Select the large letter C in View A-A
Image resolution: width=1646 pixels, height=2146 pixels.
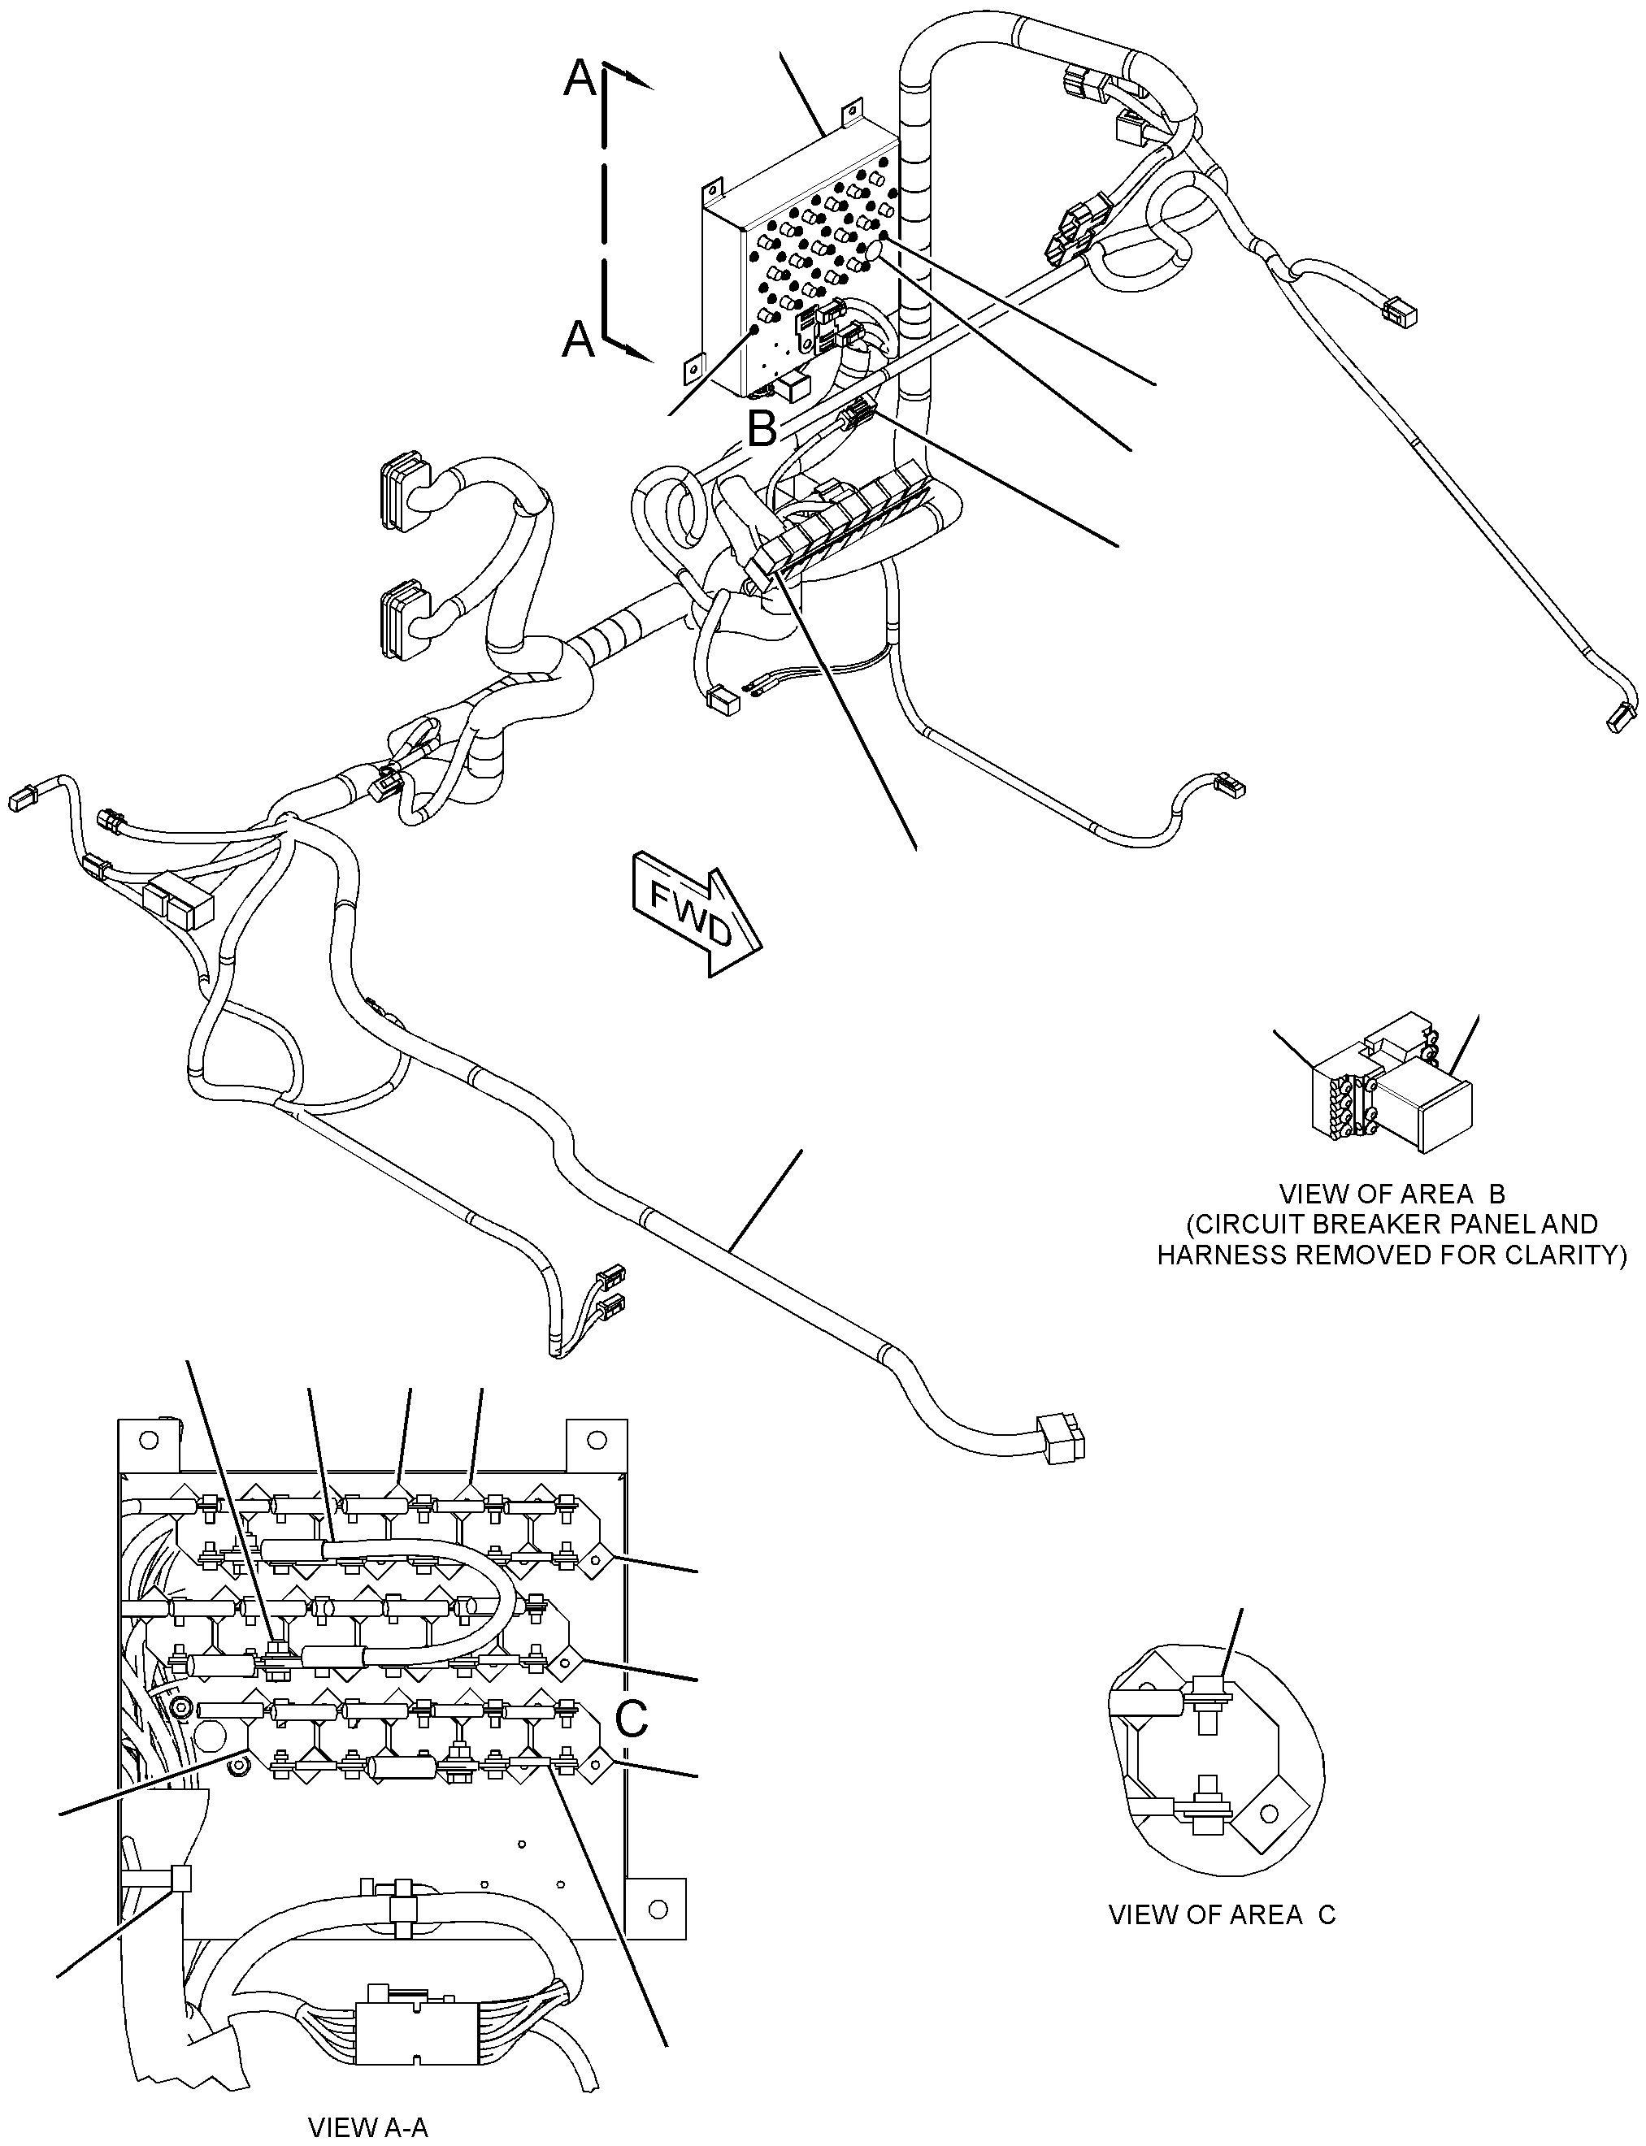631,1717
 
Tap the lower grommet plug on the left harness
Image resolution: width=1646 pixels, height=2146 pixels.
405,620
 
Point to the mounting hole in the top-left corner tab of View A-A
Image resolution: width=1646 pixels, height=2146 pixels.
148,1439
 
